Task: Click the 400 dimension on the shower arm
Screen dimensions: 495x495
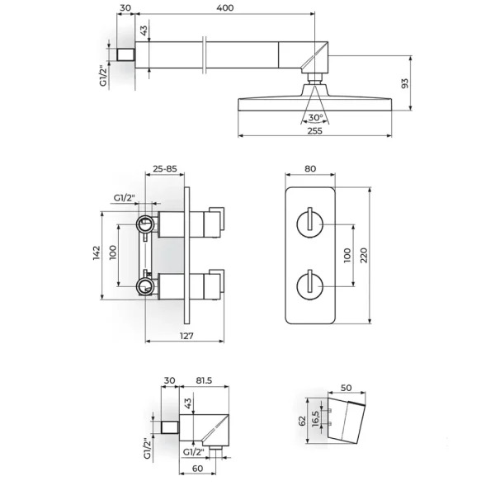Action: click(x=225, y=7)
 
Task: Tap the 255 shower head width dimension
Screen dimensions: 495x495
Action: click(x=315, y=130)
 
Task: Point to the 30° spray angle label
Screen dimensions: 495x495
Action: click(x=315, y=118)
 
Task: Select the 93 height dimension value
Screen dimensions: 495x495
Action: click(x=404, y=83)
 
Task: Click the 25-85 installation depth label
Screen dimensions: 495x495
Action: click(x=165, y=169)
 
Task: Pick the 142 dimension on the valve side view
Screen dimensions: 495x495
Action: click(x=97, y=253)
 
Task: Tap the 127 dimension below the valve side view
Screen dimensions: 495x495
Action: click(x=186, y=336)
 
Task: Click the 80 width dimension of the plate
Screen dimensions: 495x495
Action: click(x=310, y=169)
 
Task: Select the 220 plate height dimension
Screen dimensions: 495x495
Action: click(x=364, y=256)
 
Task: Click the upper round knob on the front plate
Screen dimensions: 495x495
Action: click(x=309, y=224)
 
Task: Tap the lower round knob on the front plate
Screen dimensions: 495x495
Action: click(x=309, y=286)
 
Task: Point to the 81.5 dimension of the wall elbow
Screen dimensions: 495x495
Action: click(x=204, y=380)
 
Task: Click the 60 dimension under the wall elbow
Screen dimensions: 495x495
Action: click(x=198, y=469)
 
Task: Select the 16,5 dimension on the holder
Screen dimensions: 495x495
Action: click(x=316, y=419)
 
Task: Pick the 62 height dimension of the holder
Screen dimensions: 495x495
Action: click(x=302, y=421)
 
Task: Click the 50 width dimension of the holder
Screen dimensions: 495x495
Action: click(x=346, y=388)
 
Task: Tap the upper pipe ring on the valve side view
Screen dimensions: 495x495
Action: click(x=145, y=224)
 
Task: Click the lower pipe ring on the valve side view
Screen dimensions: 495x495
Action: click(x=145, y=286)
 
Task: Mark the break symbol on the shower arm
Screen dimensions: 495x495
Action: click(x=205, y=55)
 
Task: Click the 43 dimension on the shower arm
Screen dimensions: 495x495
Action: click(x=144, y=31)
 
